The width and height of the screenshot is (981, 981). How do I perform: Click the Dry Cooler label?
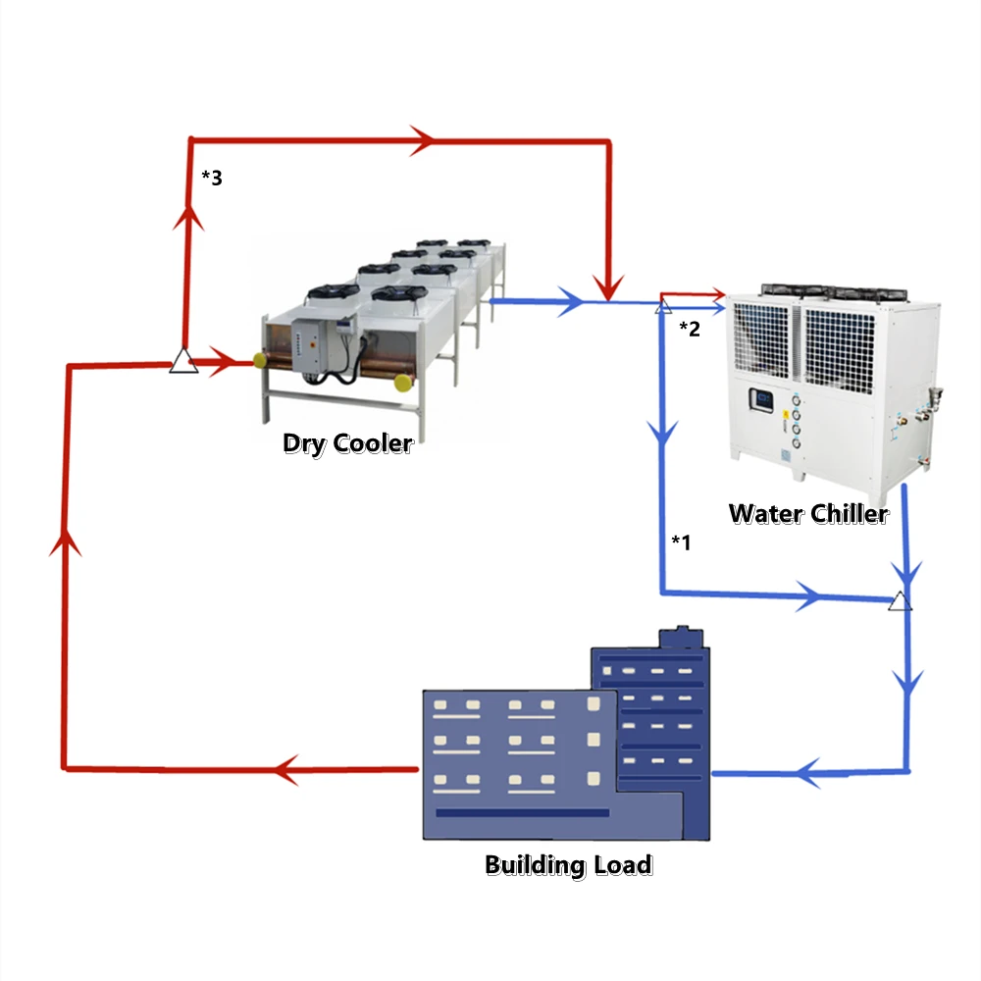click(347, 443)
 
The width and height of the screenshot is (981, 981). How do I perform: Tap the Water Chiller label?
click(808, 513)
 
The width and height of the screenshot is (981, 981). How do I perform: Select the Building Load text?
click(568, 865)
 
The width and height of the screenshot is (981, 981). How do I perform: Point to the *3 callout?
click(212, 178)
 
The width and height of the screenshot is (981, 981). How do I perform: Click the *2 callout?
click(690, 329)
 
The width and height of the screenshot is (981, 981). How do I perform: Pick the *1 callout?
click(681, 542)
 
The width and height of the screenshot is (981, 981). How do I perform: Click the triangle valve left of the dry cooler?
click(183, 361)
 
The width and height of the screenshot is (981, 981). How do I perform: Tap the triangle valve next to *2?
click(663, 307)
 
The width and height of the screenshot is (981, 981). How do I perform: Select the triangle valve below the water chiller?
click(900, 600)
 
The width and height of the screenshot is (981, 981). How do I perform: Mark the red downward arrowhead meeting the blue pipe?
click(609, 288)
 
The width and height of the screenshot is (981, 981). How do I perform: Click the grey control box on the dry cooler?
click(312, 345)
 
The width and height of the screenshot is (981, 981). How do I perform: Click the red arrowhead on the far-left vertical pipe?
click(65, 542)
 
